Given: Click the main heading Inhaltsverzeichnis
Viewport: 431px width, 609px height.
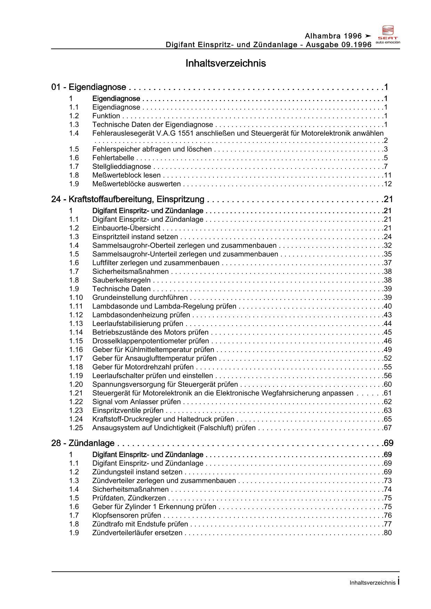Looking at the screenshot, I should tap(226, 63).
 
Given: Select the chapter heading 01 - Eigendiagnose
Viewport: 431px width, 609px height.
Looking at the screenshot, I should tap(89, 87).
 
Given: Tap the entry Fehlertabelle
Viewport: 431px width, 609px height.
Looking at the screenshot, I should tap(113, 158).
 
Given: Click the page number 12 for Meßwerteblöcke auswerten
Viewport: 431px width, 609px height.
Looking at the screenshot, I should tap(388, 184).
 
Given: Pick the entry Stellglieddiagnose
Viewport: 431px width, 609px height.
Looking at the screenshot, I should tap(122, 167).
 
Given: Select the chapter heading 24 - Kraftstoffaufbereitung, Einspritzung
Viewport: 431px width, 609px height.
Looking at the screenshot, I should tap(128, 199).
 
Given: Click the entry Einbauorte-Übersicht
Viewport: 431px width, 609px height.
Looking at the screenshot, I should tap(126, 228).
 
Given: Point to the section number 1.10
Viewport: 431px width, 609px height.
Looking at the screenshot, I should tap(76, 298).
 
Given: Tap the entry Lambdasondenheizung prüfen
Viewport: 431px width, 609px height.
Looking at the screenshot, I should tap(141, 315).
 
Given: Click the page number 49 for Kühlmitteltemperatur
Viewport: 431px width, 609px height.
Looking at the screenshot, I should tap(388, 350).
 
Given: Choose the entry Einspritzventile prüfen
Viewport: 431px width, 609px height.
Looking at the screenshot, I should tap(128, 411).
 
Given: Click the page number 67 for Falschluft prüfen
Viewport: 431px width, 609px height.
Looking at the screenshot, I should tap(388, 428).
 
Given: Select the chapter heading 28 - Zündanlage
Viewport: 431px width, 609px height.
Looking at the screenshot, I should tap(83, 443).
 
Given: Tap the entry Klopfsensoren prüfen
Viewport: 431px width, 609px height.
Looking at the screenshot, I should tap(127, 516).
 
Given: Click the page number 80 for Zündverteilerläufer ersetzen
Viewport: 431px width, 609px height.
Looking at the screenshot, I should tap(388, 533).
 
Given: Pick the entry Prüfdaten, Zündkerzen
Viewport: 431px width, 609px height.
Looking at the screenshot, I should tap(129, 498).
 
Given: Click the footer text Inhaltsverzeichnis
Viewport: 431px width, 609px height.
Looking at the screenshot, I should tap(372, 583).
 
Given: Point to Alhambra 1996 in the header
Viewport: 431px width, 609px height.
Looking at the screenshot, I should tap(333, 36).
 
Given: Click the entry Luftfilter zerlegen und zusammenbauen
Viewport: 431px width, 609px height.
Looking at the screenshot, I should tap(156, 263).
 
